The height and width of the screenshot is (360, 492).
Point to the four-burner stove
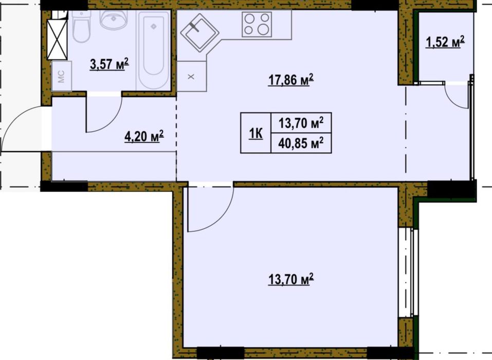257,24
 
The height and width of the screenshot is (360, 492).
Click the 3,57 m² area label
109,65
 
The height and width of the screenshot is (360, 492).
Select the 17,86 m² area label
290,80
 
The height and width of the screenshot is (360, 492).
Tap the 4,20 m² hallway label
144,136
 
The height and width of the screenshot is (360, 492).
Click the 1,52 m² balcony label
445,42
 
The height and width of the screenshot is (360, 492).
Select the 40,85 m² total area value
301,143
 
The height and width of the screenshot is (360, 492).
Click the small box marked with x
191,77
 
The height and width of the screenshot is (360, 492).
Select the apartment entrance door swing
21,126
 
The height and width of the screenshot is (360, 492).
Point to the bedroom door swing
208,208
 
